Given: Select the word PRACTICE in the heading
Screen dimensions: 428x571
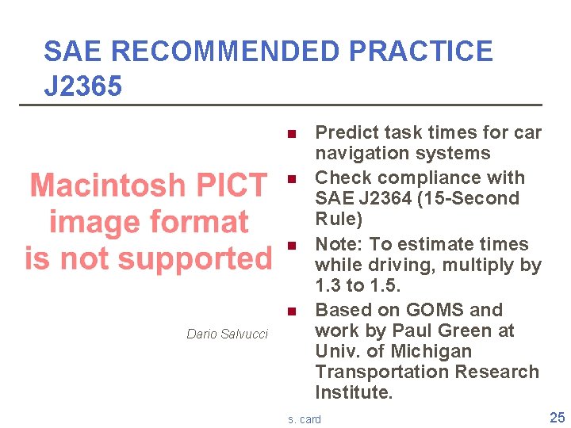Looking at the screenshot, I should point(420,52).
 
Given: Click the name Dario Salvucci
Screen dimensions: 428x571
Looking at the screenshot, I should point(227,334).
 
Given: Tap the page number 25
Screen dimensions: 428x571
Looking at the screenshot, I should point(557,418).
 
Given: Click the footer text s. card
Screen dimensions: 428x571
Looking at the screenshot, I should point(305,419).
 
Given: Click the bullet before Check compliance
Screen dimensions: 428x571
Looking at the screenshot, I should point(292,178).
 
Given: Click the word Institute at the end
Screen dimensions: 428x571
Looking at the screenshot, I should point(354,392).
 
